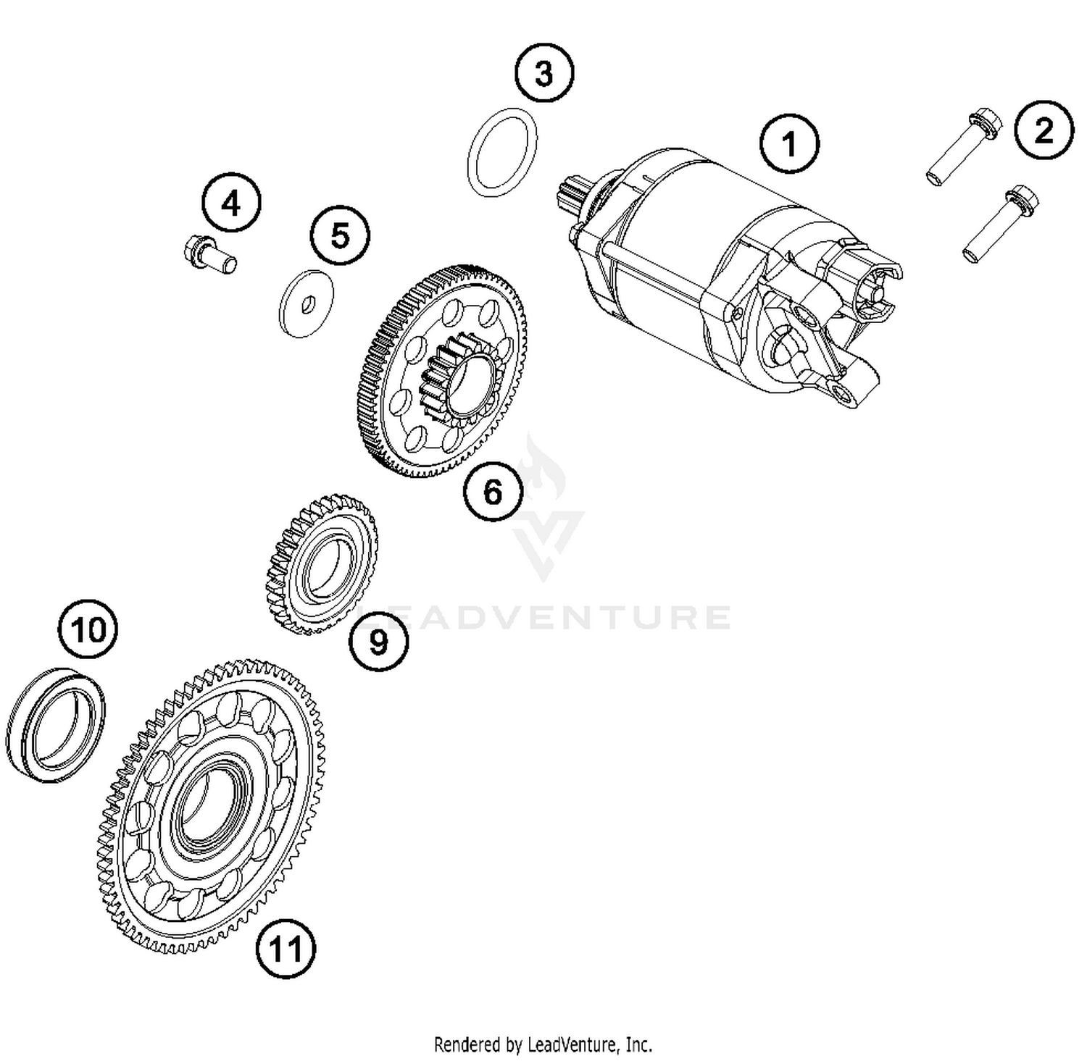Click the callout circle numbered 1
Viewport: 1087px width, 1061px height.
tap(789, 143)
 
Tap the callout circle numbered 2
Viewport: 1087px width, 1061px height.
tap(1044, 130)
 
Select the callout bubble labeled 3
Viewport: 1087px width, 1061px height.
tap(543, 73)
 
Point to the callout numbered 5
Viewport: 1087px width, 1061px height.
tap(340, 235)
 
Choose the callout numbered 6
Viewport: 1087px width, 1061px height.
tap(493, 492)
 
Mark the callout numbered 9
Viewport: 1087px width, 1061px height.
tap(378, 641)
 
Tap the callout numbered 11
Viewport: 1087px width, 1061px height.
tap(286, 948)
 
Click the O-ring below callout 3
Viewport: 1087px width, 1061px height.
tap(502, 152)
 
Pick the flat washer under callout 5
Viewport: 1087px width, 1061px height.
tap(307, 303)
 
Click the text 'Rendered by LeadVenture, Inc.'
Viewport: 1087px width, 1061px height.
tap(543, 1044)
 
